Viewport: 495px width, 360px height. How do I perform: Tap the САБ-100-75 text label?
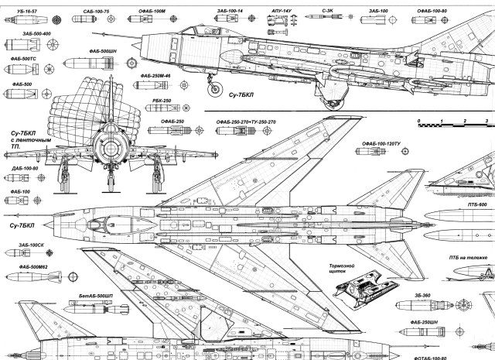(x=96, y=13)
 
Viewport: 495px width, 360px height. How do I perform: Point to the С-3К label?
(x=328, y=12)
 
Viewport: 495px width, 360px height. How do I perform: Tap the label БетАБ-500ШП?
(x=96, y=296)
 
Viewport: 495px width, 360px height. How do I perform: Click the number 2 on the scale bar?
(x=465, y=122)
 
